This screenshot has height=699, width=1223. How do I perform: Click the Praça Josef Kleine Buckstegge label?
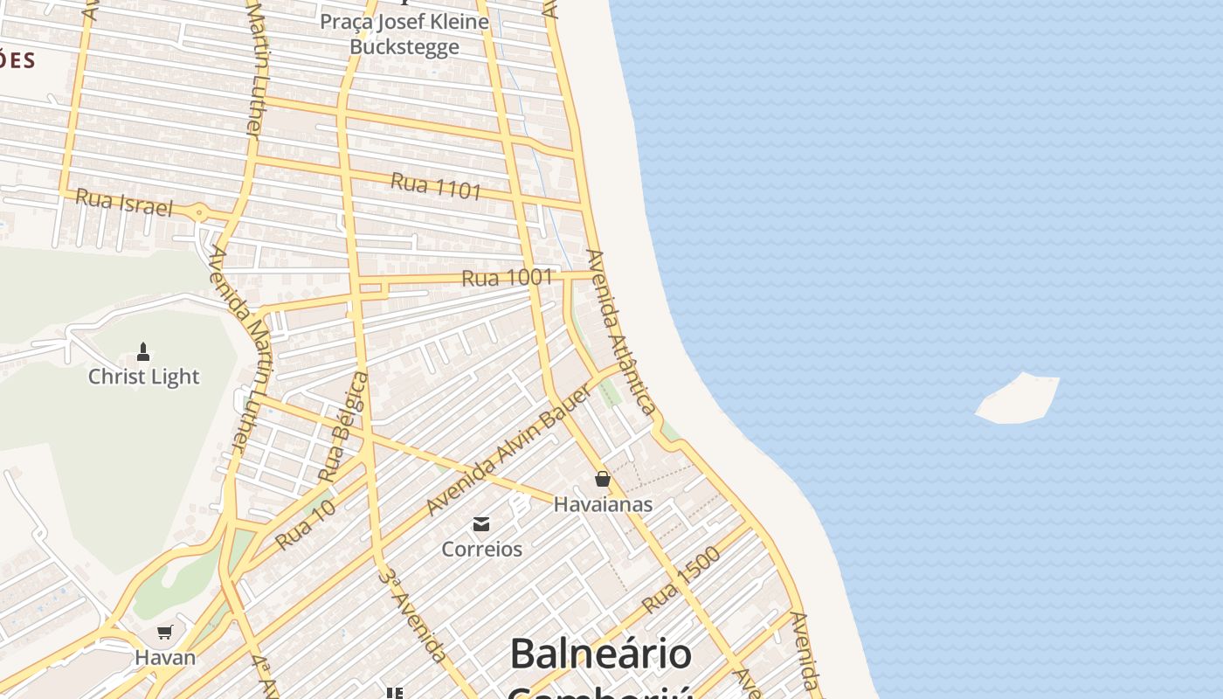click(x=404, y=33)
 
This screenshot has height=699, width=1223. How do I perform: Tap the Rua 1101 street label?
click(x=436, y=185)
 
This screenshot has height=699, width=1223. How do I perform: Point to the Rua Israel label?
click(x=124, y=202)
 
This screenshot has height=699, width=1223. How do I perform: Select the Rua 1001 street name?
click(x=507, y=278)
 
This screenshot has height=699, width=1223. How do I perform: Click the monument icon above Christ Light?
click(x=144, y=352)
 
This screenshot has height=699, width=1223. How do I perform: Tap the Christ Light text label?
click(x=144, y=377)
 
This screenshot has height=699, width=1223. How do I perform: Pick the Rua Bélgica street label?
click(x=343, y=427)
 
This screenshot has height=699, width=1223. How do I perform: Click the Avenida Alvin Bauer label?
click(x=508, y=450)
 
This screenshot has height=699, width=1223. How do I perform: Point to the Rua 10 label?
click(x=305, y=525)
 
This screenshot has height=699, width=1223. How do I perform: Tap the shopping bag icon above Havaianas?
click(x=602, y=479)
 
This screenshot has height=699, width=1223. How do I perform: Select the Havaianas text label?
click(x=603, y=504)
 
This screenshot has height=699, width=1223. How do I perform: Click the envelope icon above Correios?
click(x=481, y=524)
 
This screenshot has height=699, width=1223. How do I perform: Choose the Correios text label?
click(x=481, y=550)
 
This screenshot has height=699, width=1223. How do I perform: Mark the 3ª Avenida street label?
click(x=413, y=614)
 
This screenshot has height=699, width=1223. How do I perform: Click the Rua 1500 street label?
click(x=681, y=580)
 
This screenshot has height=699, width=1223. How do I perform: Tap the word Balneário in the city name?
click(x=600, y=654)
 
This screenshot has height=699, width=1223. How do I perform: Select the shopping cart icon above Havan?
click(x=165, y=632)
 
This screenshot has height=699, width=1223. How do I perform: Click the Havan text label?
click(x=165, y=657)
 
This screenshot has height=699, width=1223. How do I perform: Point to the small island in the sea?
click(x=1018, y=399)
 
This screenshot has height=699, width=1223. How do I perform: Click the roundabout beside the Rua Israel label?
click(x=199, y=212)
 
